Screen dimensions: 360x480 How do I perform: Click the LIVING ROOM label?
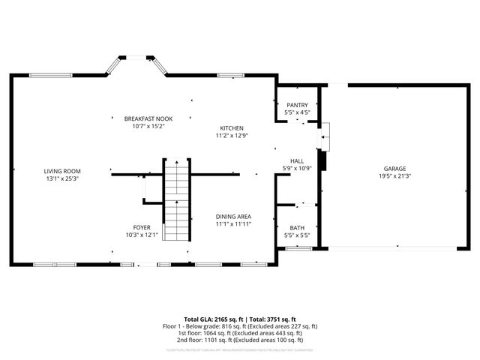click(61, 172)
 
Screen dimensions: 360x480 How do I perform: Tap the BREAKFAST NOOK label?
click(144, 119)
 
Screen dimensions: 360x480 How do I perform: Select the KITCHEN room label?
click(232, 128)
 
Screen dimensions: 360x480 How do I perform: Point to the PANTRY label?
click(297, 105)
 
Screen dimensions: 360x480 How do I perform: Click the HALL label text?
click(297, 160)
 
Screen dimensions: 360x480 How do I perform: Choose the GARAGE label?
click(396, 169)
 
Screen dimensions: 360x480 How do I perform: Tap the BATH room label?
click(297, 228)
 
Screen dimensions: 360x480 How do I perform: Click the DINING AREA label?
click(233, 216)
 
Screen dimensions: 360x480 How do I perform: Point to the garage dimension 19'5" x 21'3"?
click(396, 176)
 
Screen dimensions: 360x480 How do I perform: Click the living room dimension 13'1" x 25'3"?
click(61, 179)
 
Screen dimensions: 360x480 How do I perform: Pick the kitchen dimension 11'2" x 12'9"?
click(232, 136)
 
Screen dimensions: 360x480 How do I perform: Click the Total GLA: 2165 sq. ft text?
click(209, 319)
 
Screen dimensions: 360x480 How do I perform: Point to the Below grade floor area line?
click(240, 326)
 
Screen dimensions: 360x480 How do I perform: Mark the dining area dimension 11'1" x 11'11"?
click(233, 223)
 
